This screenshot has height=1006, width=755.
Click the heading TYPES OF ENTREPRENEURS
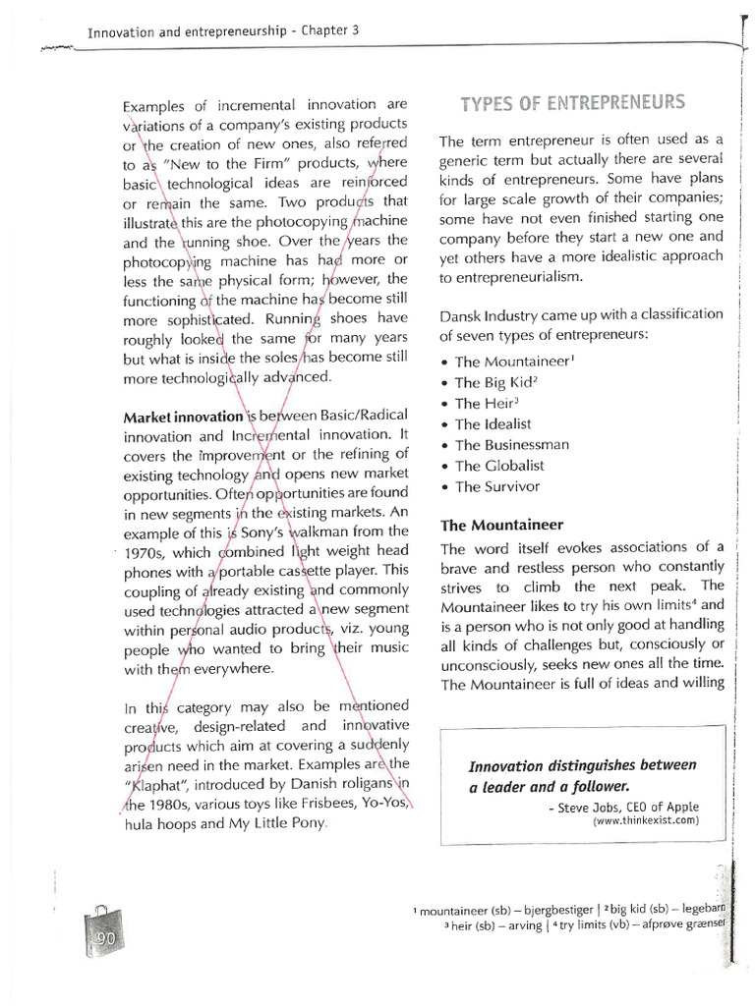(x=573, y=103)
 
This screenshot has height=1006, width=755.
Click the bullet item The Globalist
(x=498, y=466)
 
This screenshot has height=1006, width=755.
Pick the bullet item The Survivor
(x=497, y=486)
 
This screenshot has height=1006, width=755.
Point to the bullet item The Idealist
(x=493, y=424)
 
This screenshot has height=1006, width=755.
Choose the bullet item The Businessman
(x=511, y=445)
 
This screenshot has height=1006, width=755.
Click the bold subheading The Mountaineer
(x=501, y=525)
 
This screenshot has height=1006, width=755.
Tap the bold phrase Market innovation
(x=183, y=417)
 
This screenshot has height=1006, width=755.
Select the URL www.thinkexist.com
(x=645, y=820)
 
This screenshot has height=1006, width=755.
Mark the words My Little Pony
(x=278, y=824)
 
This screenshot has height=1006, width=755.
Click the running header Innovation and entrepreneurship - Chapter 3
(x=223, y=31)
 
